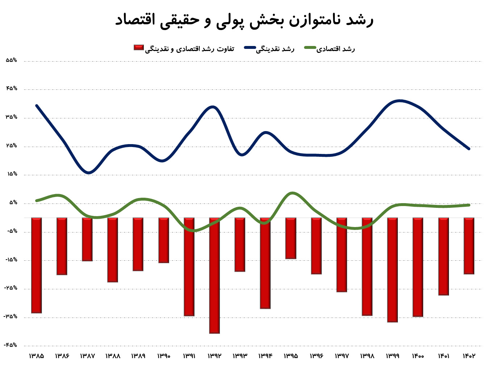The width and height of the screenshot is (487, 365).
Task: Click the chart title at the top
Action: click(x=244, y=20)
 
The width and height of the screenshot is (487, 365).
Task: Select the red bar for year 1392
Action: click(x=215, y=275)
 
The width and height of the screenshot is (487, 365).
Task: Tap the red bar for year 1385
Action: click(x=37, y=265)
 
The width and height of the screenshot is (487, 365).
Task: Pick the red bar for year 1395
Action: click(x=291, y=238)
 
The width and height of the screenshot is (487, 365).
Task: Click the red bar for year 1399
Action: click(x=392, y=270)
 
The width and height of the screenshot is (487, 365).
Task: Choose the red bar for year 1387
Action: click(x=87, y=239)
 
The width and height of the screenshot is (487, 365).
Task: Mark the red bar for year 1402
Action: click(x=469, y=246)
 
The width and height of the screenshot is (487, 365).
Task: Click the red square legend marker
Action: click(x=139, y=47)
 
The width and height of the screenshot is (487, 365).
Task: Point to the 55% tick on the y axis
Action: click(x=12, y=60)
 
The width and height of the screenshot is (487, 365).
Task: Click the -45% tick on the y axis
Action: click(x=11, y=345)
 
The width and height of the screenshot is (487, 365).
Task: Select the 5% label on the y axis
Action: click(x=13, y=203)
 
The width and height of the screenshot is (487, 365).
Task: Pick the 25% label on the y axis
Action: click(x=12, y=146)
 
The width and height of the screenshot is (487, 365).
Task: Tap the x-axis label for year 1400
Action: click(x=418, y=356)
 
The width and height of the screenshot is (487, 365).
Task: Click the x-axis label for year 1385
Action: click(x=37, y=356)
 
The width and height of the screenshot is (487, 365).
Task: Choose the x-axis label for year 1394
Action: click(x=265, y=356)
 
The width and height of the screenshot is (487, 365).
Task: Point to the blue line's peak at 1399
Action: click(x=399, y=101)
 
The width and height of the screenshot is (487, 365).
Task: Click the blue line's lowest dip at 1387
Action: click(x=88, y=173)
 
